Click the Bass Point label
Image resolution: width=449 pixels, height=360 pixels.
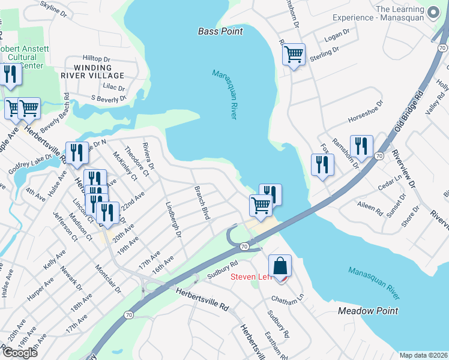click(x=220, y=31)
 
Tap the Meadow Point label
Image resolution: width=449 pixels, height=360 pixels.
click(x=368, y=311)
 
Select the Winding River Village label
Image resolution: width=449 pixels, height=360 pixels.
click(x=92, y=71)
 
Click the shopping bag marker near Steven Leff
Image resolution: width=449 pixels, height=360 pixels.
click(x=280, y=266)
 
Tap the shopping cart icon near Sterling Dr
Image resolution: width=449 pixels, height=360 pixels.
click(x=294, y=55)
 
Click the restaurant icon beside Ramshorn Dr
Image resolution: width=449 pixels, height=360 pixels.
click(x=361, y=146)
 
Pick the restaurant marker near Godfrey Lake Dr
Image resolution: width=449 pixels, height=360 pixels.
click(x=77, y=153)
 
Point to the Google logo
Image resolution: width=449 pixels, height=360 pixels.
click(x=20, y=353)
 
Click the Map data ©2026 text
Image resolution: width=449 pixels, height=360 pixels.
click(x=423, y=355)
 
